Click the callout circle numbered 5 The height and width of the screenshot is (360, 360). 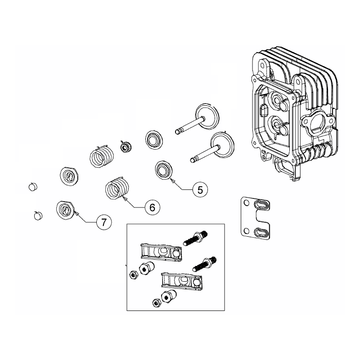200,190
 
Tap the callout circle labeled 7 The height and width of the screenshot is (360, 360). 103,221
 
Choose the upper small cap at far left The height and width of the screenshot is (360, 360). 33,186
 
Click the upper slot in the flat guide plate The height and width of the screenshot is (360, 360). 261,205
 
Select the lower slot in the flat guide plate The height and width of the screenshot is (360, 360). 261,232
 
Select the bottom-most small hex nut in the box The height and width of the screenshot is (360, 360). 157,302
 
